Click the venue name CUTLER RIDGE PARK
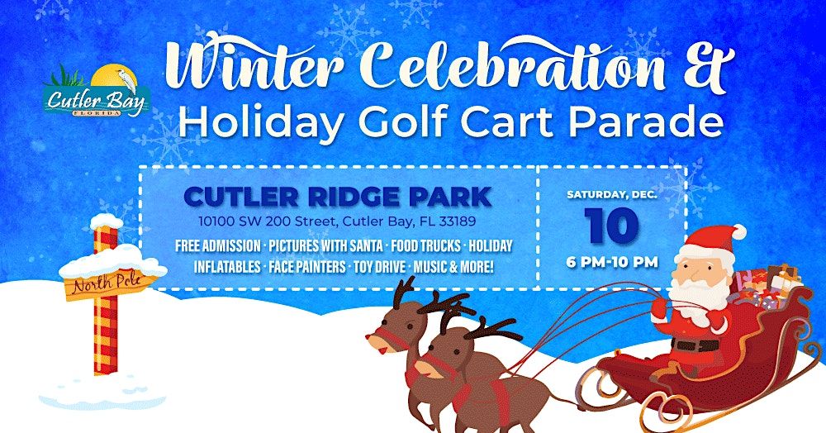(338, 197)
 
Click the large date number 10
(612, 224)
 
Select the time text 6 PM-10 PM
(612, 262)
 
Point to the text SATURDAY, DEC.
(612, 195)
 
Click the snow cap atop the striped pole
(106, 221)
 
